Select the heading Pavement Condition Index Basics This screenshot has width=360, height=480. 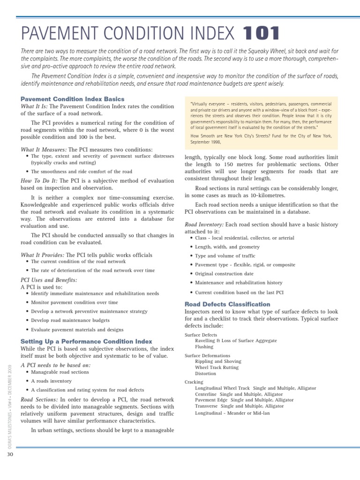73,99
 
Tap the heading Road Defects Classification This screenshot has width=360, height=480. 227,304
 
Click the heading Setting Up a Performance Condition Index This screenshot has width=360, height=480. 86,341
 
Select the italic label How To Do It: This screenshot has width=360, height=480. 39,180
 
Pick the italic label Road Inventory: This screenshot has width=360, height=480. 204,225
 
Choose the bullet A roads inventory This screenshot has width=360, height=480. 51,381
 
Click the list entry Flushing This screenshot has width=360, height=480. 204,347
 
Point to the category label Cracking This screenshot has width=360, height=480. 194,382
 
